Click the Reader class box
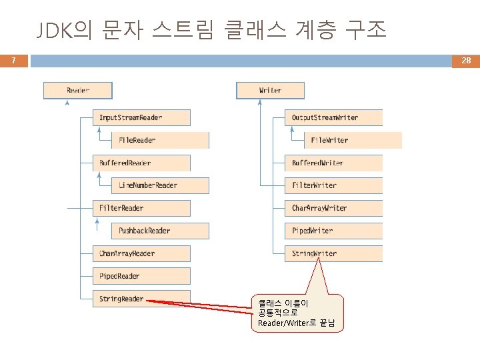[78, 90]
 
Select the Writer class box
[270, 90]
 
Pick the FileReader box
[160, 140]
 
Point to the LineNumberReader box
[160, 185]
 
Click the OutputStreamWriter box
[333, 117]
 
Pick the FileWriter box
[353, 140]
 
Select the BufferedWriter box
[333, 163]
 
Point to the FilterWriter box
[333, 185]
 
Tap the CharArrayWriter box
[333, 208]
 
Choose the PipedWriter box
[333, 231]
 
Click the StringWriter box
[333, 253]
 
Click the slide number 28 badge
[466, 61]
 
